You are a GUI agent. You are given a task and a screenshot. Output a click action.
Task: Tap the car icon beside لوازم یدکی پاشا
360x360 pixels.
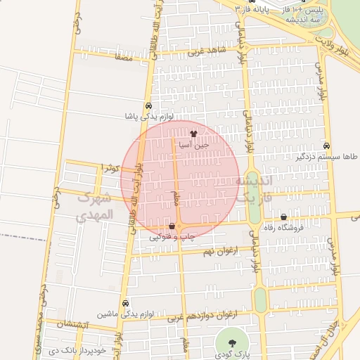tap(148, 106)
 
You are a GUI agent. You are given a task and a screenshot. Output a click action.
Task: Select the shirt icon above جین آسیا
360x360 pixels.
tap(193, 133)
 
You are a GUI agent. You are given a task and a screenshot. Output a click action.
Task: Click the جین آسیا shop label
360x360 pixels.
tap(193, 143)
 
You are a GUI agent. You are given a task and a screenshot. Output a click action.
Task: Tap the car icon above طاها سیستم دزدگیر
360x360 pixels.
tap(326, 146)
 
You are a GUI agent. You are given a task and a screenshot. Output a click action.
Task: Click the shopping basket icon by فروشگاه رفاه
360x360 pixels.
tap(283, 217)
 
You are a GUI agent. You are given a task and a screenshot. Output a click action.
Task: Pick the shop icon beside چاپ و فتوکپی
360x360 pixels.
tap(172, 226)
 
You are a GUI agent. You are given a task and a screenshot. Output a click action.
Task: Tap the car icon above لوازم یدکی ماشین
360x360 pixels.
tap(125, 303)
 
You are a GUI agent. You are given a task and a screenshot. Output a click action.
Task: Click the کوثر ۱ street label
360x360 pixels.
tap(108, 168)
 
